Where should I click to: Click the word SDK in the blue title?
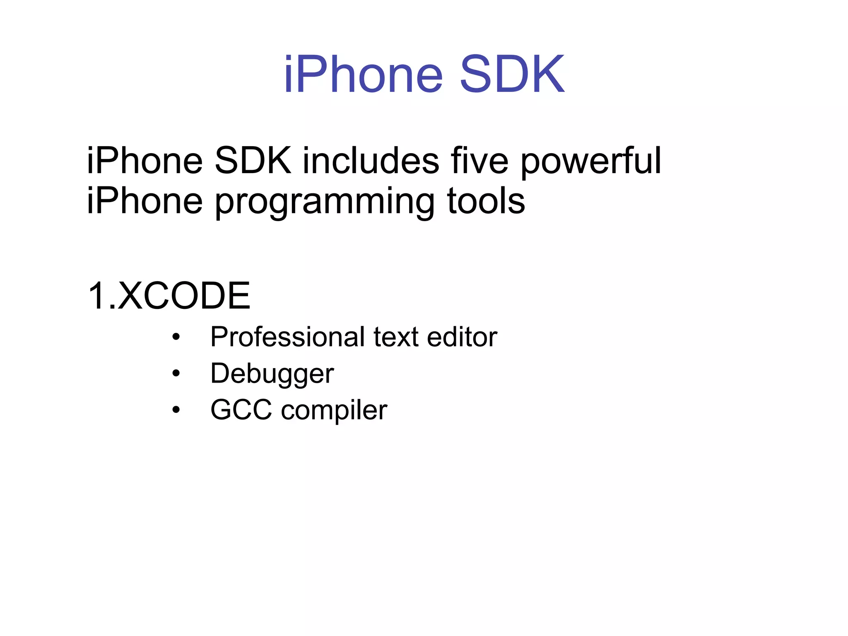tap(512, 75)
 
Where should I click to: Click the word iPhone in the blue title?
tap(364, 75)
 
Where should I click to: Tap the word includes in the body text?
tap(371, 161)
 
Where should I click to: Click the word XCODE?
tap(184, 296)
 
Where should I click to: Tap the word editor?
tap(462, 337)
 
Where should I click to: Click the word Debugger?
tap(272, 374)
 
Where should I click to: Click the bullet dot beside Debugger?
tap(176, 373)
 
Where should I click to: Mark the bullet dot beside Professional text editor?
tap(176, 337)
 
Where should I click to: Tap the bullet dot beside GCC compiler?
tap(176, 410)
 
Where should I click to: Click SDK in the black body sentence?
tap(253, 161)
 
